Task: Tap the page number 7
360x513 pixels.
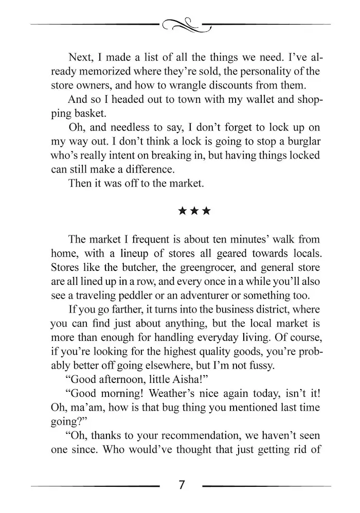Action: (x=181, y=485)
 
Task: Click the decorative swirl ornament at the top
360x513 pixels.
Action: (x=182, y=24)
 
